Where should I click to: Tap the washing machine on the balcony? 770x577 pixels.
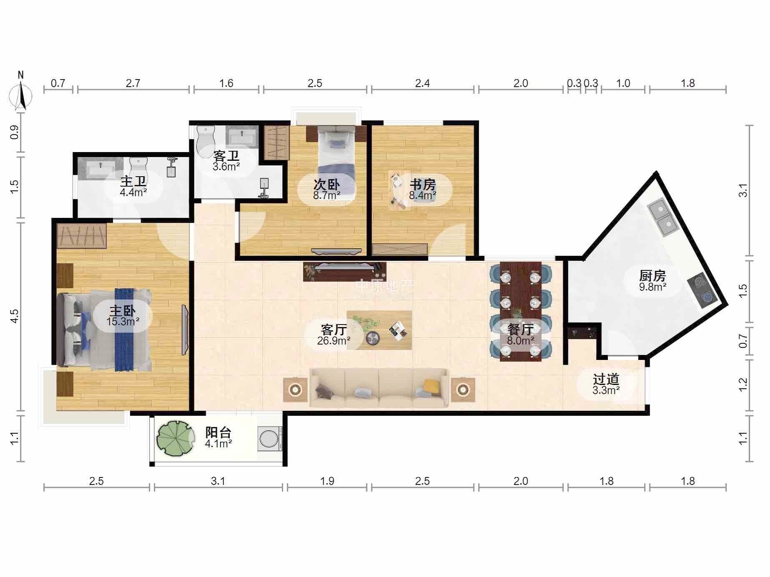click(269, 438)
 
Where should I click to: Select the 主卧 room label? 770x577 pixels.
click(123, 311)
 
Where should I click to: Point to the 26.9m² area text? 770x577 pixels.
click(334, 341)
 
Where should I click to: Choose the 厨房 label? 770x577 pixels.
click(652, 276)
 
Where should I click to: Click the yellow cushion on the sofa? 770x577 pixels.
click(432, 386)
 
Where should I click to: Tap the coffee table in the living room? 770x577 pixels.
click(379, 330)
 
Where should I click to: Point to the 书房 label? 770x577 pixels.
click(423, 184)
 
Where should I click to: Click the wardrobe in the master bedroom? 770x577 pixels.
click(82, 236)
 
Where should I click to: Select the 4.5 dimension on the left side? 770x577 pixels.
click(15, 316)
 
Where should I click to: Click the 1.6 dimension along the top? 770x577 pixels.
click(226, 83)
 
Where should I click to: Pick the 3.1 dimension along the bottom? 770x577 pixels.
click(218, 481)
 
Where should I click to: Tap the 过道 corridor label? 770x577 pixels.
click(606, 379)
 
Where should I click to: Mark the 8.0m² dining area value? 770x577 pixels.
click(520, 341)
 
